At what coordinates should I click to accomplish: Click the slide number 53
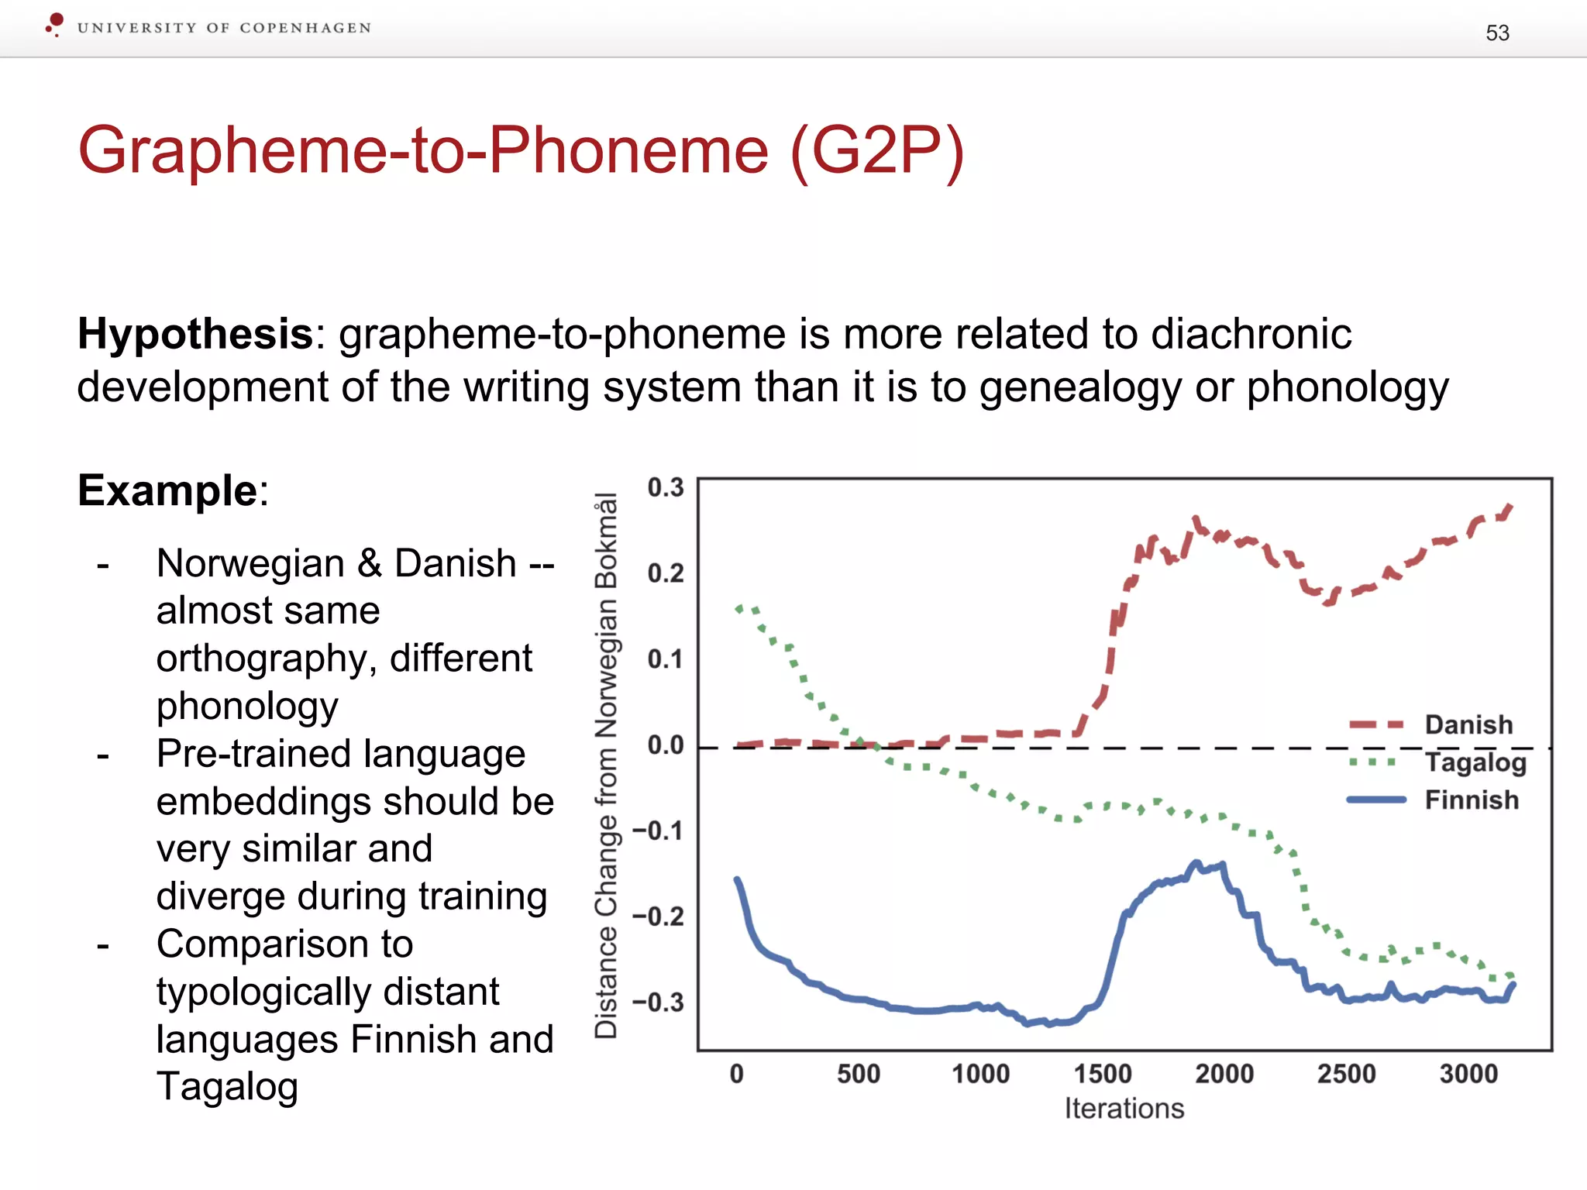tap(1497, 33)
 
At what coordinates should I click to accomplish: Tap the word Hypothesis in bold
tap(195, 335)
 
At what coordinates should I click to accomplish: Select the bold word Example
tap(167, 491)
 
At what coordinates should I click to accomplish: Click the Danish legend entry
tap(1468, 725)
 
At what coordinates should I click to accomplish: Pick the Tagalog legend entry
tap(1475, 762)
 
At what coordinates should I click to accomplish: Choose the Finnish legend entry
tap(1471, 800)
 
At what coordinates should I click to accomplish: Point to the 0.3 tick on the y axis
tap(666, 488)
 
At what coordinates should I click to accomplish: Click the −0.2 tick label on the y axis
tap(659, 917)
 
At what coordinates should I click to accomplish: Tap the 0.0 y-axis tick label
tap(666, 745)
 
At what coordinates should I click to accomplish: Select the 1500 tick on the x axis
tap(1102, 1075)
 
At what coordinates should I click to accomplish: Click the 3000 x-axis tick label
tap(1468, 1075)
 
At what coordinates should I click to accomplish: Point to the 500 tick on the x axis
tap(858, 1075)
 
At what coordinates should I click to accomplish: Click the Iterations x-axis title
tap(1124, 1109)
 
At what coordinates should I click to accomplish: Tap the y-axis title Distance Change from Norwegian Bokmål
tap(606, 765)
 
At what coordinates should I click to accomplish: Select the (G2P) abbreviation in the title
tap(876, 150)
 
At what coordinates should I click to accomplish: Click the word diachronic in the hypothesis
tap(1251, 335)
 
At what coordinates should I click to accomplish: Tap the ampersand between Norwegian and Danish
tap(369, 563)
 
